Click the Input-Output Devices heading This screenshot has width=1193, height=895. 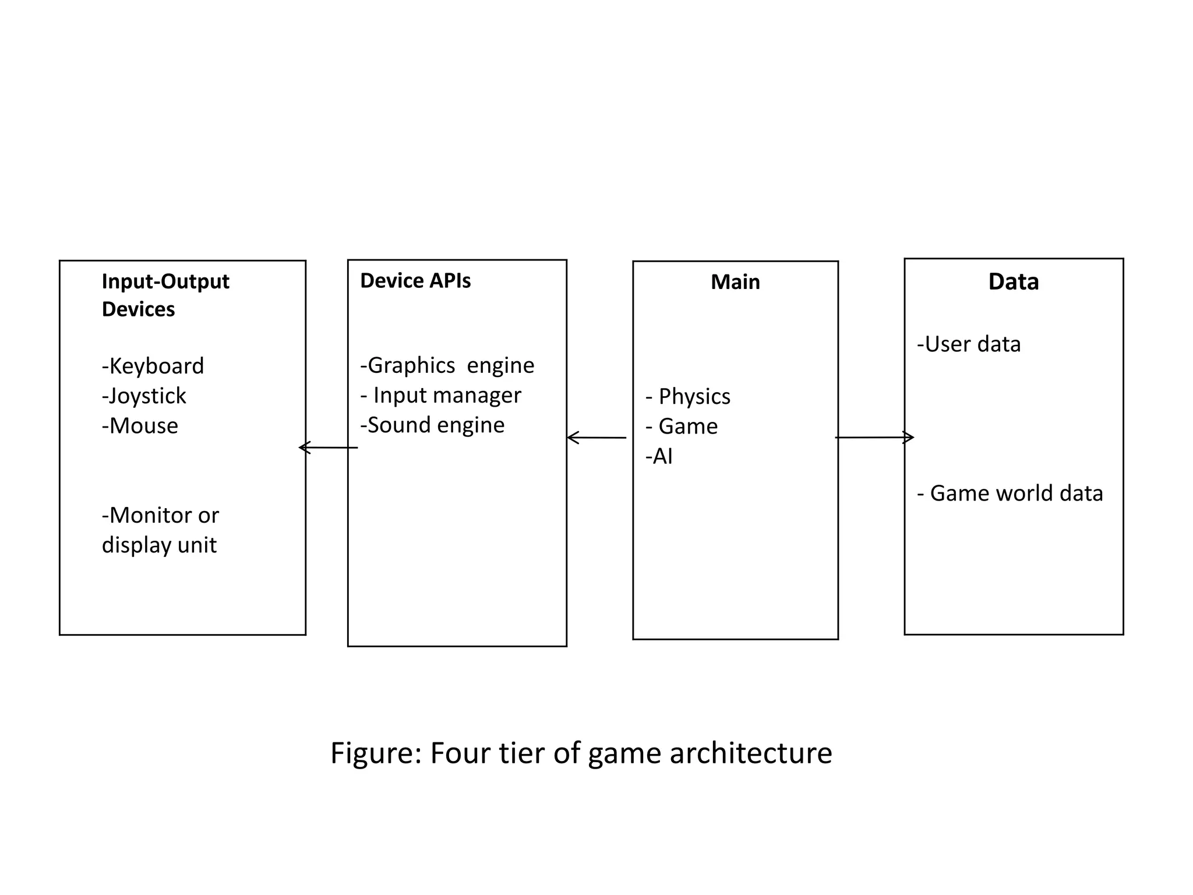tap(165, 295)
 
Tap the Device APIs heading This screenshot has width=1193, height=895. tap(415, 281)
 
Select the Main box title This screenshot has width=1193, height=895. tap(735, 282)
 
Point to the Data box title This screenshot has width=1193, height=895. tap(1013, 282)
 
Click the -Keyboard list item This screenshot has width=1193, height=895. tap(153, 367)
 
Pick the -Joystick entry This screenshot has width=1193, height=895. tap(144, 396)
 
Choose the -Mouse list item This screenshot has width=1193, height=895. tap(140, 426)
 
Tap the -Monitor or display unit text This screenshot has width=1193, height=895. tap(160, 530)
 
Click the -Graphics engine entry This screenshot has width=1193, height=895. tap(447, 365)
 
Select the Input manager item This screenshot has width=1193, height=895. tap(441, 396)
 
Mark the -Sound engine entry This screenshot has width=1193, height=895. tap(432, 425)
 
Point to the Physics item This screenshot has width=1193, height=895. tap(688, 397)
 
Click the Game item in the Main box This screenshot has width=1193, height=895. tap(682, 427)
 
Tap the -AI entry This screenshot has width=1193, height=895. tap(659, 456)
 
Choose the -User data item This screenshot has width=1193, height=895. tap(969, 344)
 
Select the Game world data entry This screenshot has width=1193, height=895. tap(1010, 494)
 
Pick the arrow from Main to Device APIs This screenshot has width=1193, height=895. tap(596, 437)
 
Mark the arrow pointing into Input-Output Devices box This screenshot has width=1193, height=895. tap(328, 447)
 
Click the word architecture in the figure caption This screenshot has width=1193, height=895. tap(750, 753)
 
